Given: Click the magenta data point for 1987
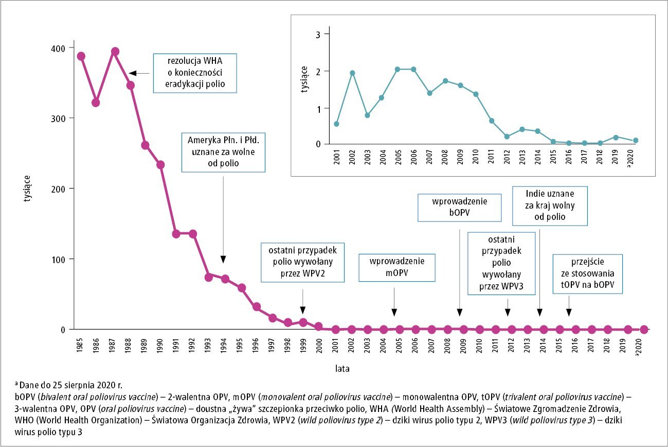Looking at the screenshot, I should click(x=115, y=51).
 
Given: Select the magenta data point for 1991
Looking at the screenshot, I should click(x=176, y=234).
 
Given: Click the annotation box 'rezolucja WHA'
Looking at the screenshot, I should click(x=195, y=73).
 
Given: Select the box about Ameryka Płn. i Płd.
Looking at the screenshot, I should click(x=224, y=152).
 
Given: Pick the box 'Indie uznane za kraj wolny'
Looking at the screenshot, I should click(x=550, y=205).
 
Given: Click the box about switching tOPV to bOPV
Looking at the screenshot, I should click(x=587, y=273).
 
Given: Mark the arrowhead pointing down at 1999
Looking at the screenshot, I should click(x=303, y=310).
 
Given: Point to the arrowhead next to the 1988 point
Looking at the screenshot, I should click(x=132, y=73).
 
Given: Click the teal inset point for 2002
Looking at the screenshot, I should click(x=352, y=73).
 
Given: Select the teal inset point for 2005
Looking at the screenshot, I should click(x=397, y=69).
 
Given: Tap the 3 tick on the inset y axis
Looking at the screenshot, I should click(x=318, y=35).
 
